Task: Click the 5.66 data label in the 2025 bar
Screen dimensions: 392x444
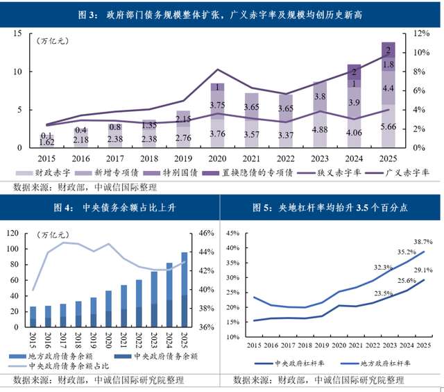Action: coord(388,126)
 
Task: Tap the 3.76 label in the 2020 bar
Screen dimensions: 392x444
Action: coord(217,134)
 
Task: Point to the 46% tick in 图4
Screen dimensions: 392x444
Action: coord(207,234)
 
